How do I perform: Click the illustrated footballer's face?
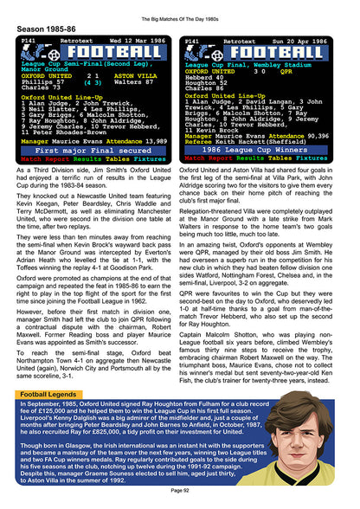click(x=319, y=430)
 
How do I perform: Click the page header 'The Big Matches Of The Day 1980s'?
click(x=179, y=8)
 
